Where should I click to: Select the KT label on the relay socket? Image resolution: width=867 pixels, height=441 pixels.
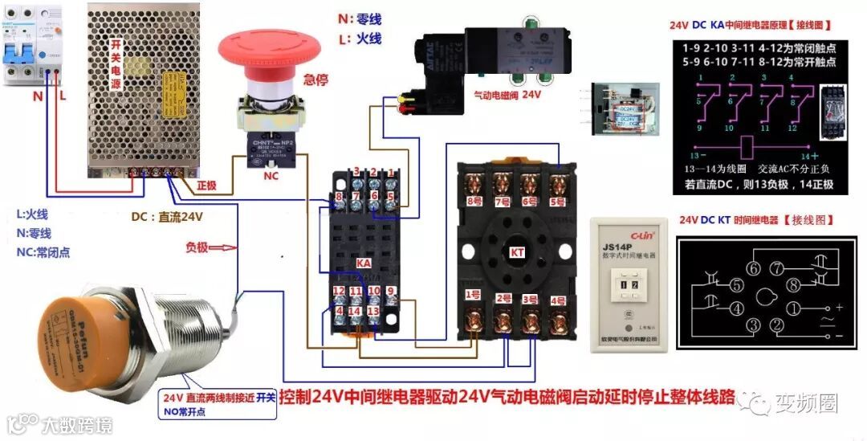pos(518,252)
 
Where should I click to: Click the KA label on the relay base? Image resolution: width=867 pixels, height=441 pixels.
pos(363,263)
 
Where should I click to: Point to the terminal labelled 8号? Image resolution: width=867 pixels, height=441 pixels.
pos(475,201)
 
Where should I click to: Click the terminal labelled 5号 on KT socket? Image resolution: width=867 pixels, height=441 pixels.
pos(556,201)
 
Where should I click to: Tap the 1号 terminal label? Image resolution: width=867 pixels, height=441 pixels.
pos(474,294)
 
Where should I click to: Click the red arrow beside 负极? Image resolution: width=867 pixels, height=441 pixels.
pos(228,247)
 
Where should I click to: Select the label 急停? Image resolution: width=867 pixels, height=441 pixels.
pos(316,80)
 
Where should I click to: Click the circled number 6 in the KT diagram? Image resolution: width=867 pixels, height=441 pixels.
pos(754,268)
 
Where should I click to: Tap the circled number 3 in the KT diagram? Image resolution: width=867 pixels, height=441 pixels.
pos(753,325)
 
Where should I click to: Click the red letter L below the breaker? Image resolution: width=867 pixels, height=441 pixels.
pos(63,96)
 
